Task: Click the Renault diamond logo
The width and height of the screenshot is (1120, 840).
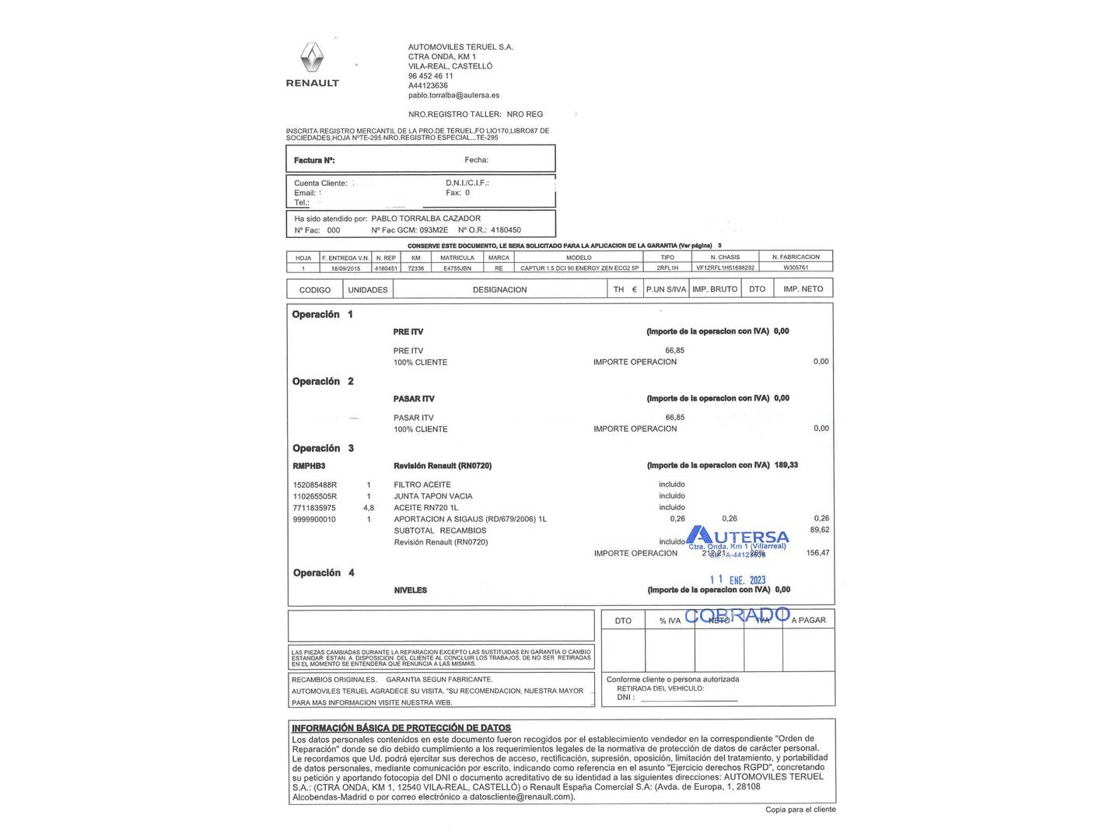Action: (x=312, y=58)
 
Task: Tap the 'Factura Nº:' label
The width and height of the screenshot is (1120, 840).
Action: (x=314, y=160)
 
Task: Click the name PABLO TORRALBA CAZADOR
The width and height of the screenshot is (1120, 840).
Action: (x=425, y=219)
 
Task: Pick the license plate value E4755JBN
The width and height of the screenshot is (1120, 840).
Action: (x=457, y=268)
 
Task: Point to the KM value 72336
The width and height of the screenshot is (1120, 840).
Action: (x=416, y=268)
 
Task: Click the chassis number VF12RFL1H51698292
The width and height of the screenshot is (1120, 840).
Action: (x=725, y=268)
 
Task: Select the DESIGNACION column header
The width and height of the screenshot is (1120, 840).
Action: (x=499, y=289)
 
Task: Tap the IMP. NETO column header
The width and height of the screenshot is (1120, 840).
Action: (x=803, y=289)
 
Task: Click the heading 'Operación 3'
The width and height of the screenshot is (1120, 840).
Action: (x=323, y=448)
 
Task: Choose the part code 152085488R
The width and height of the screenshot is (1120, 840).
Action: (x=315, y=485)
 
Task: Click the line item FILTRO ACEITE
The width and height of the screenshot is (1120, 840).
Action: (x=422, y=485)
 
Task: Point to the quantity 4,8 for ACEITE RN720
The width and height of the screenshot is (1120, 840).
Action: (x=369, y=507)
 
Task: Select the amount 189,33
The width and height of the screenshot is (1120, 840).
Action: (x=786, y=465)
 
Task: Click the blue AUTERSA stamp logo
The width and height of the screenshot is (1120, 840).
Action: (x=738, y=537)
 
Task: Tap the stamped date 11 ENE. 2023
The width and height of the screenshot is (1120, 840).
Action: (x=737, y=579)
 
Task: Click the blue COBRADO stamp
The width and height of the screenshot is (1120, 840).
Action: (x=737, y=615)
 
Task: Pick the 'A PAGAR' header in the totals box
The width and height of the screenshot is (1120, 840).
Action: (x=809, y=620)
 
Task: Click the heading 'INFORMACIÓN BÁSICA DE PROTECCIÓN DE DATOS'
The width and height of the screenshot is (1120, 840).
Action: (x=401, y=728)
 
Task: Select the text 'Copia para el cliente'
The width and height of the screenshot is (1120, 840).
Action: (x=800, y=810)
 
